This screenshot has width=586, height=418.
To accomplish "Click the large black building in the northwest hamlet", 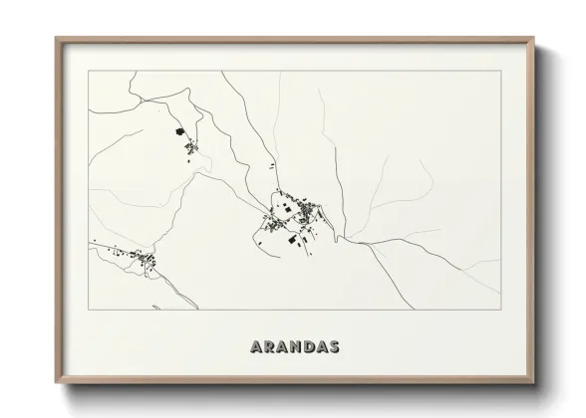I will tap(179, 131).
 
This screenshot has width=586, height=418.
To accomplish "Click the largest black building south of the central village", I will tap(291, 240).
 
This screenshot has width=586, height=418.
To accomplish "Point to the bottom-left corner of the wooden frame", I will tap(57, 383).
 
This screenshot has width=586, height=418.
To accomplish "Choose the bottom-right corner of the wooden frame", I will tap(536, 383).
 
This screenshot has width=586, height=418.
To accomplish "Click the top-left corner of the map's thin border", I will tap(89, 71).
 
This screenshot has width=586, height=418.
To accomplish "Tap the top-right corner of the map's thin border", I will tap(501, 71).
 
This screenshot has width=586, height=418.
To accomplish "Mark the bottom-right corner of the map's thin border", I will tap(501, 310).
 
